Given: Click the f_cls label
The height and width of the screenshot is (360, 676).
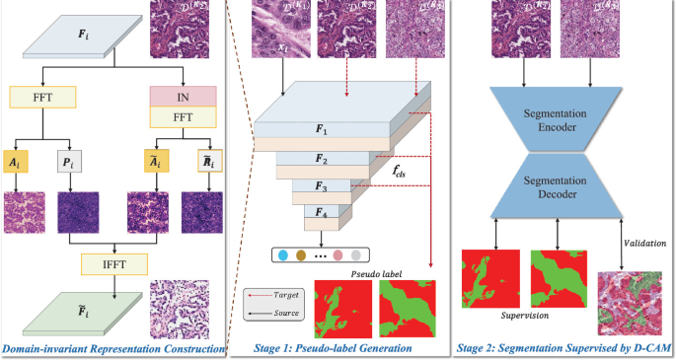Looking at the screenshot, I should pos(400,170).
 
